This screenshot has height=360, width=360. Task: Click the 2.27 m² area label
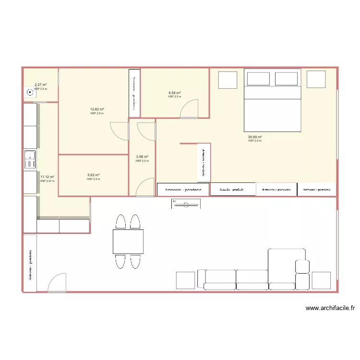(x=40, y=84)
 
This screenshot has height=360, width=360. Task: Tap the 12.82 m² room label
(x=97, y=109)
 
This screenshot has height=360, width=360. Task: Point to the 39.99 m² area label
(x=255, y=137)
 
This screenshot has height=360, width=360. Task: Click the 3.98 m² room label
(x=142, y=157)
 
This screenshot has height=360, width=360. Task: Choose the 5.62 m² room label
(x=94, y=175)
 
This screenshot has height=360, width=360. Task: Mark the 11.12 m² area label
(x=47, y=177)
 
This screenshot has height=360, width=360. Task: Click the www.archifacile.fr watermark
(x=330, y=309)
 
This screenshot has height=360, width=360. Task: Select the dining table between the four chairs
(x=128, y=241)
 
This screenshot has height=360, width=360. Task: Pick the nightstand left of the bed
(x=228, y=80)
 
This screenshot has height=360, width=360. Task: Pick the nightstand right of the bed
(x=316, y=79)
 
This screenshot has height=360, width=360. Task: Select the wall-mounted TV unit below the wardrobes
(x=186, y=204)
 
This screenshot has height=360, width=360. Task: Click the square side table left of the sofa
(x=185, y=280)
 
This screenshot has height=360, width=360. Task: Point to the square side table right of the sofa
(x=321, y=280)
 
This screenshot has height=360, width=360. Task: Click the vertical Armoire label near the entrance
(x=30, y=264)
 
